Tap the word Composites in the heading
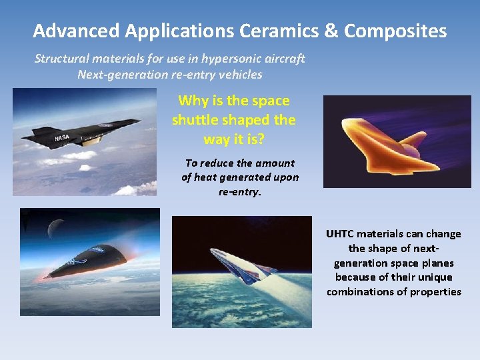(396, 31)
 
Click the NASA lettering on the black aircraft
(62, 137)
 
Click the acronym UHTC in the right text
(340, 234)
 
